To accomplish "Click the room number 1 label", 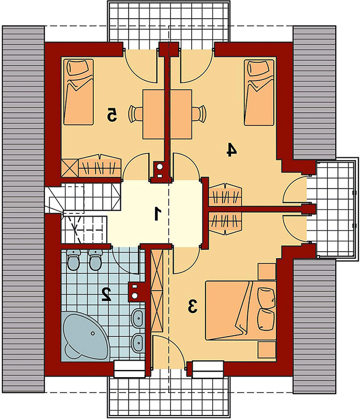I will coord(158,213).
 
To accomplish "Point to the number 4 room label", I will coord(231,150).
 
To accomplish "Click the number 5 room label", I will coord(112,115).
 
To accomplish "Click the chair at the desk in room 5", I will coord(135,114).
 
